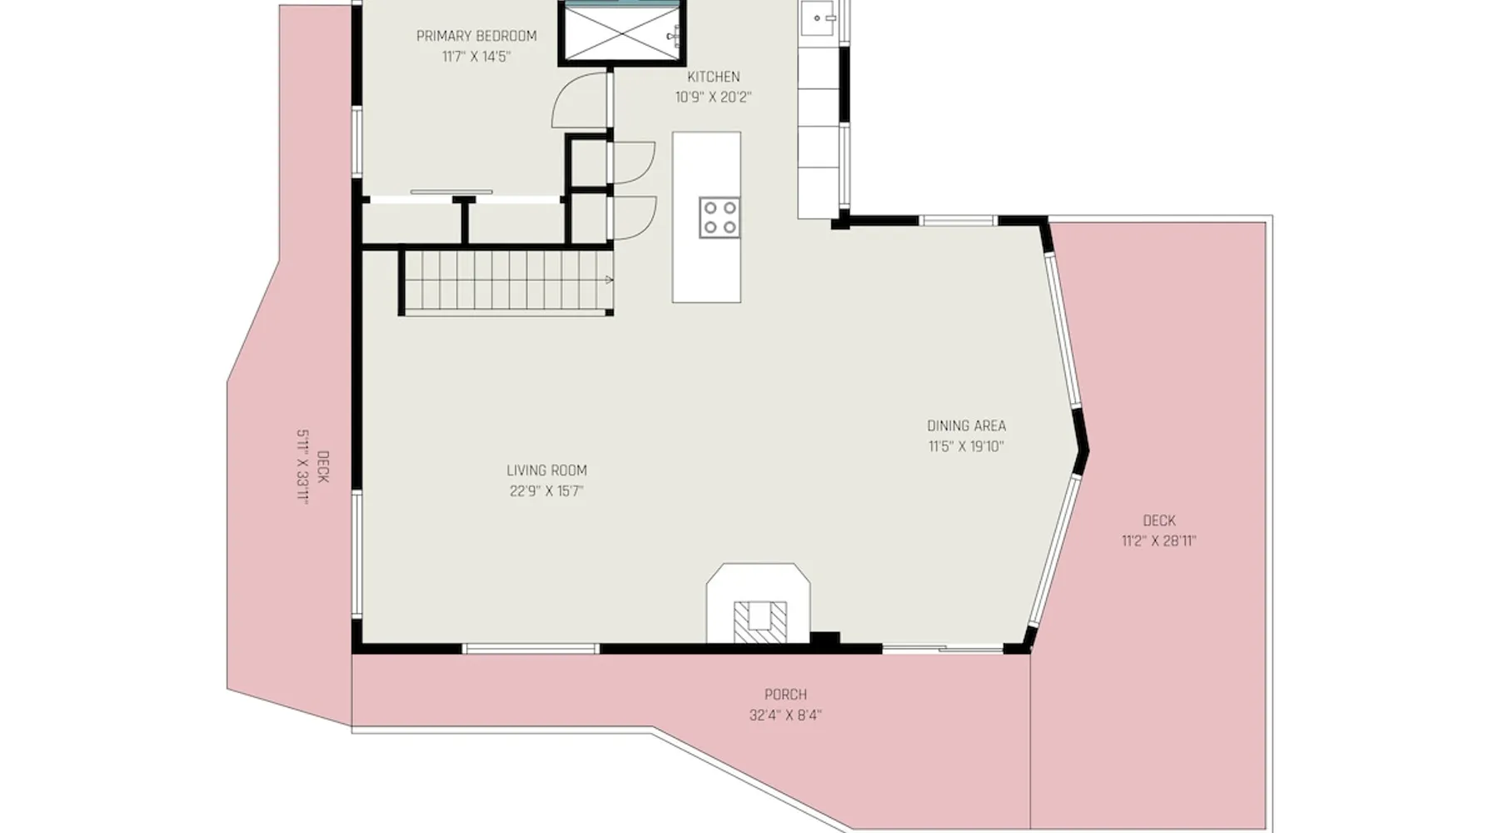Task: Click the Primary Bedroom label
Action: click(476, 36)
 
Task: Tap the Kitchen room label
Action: click(714, 77)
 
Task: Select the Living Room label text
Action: click(546, 471)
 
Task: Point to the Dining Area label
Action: click(966, 426)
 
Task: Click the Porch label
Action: click(785, 695)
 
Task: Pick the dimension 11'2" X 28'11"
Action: click(1158, 541)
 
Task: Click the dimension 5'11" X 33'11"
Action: click(303, 467)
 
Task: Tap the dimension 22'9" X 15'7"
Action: click(546, 491)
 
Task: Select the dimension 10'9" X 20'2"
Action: click(713, 97)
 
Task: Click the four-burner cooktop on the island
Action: click(720, 217)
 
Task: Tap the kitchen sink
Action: click(819, 17)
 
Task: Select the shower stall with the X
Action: click(620, 32)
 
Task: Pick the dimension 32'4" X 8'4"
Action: click(785, 716)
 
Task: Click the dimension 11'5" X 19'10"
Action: click(966, 446)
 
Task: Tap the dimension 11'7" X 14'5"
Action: click(476, 57)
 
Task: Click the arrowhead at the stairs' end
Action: click(610, 281)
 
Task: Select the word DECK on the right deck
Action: click(1159, 521)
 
